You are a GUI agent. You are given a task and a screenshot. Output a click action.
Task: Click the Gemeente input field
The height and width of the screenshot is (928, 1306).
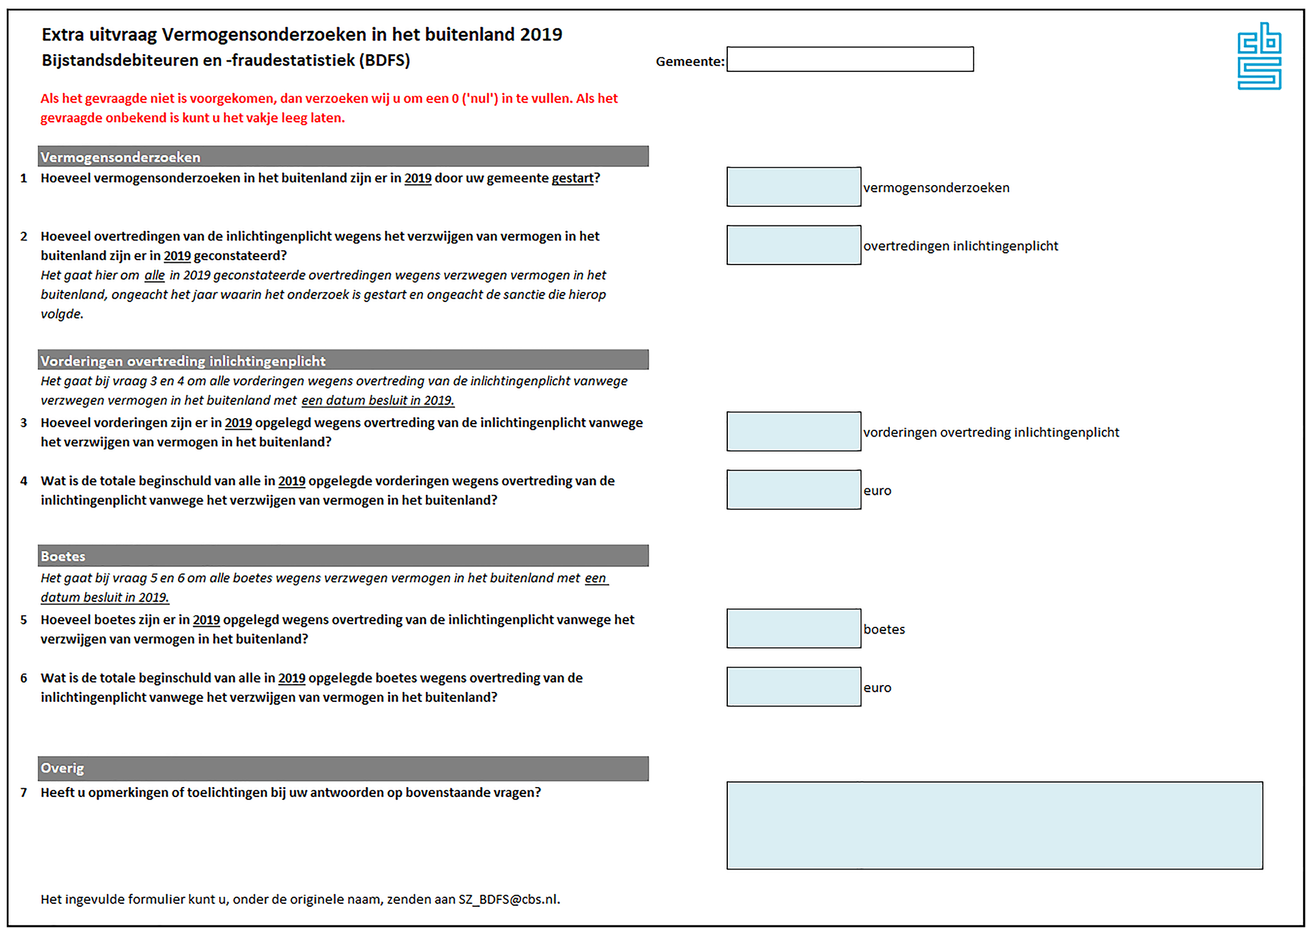850,60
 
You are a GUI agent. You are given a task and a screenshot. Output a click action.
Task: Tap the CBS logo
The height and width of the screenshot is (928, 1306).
1259,57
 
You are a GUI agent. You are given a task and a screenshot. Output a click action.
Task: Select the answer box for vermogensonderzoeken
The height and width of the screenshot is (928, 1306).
793,187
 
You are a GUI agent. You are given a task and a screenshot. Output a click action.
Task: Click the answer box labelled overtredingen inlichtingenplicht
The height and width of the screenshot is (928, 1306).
793,245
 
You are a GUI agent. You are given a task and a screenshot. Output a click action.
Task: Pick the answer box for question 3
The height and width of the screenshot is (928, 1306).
793,432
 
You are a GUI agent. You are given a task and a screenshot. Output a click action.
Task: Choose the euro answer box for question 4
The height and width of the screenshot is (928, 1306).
793,490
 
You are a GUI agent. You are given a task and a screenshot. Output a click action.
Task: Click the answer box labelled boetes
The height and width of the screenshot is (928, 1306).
793,629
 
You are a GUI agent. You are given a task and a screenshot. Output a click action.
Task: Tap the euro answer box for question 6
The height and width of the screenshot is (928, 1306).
793,687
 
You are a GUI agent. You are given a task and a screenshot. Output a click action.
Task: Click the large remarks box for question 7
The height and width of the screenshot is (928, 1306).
994,826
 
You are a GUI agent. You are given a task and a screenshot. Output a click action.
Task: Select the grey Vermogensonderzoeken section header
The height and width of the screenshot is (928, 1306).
343,157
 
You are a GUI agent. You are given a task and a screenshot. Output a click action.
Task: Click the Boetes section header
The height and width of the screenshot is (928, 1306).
343,556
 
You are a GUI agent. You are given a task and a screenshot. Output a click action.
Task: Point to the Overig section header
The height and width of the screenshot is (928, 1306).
343,768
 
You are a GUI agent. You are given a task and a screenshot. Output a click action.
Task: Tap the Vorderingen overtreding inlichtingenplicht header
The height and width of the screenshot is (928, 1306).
343,360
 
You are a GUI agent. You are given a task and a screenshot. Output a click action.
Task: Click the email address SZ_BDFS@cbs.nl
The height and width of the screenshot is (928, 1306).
508,899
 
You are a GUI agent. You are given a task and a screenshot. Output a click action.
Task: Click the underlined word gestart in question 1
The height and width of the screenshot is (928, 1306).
572,178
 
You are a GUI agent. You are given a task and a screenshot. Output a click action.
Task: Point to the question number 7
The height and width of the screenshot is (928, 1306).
24,793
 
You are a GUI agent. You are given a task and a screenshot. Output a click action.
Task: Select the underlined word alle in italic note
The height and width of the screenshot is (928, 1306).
155,275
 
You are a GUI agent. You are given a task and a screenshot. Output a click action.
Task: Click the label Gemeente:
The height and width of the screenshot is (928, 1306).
689,61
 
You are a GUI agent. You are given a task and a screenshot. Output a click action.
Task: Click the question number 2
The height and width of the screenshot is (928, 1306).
24,237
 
